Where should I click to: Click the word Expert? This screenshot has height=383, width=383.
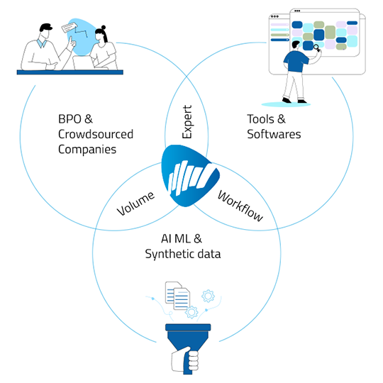point(187,122)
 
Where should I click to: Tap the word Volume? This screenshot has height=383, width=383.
point(135,204)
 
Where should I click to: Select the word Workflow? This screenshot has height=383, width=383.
point(240,206)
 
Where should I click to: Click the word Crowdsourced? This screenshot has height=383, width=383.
point(96,134)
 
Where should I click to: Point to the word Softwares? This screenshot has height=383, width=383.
point(274,134)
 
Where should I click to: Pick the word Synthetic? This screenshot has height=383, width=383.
point(169,255)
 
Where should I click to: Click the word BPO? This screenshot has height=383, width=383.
point(70,119)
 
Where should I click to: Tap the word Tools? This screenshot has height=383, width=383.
point(260,119)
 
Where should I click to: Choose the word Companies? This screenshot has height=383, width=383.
point(87,150)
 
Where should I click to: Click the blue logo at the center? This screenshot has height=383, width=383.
point(189,175)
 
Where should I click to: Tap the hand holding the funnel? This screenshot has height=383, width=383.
point(186,360)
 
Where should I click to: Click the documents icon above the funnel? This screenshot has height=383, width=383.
point(177,296)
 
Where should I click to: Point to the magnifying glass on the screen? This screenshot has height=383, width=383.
point(317,48)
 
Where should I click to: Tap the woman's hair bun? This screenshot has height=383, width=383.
point(104,27)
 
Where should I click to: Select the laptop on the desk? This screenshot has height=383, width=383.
point(83,63)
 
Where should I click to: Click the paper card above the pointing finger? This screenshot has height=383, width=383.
point(70,28)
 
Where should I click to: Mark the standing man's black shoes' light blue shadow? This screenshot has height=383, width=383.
point(286,104)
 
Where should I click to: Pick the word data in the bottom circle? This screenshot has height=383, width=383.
point(209,253)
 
